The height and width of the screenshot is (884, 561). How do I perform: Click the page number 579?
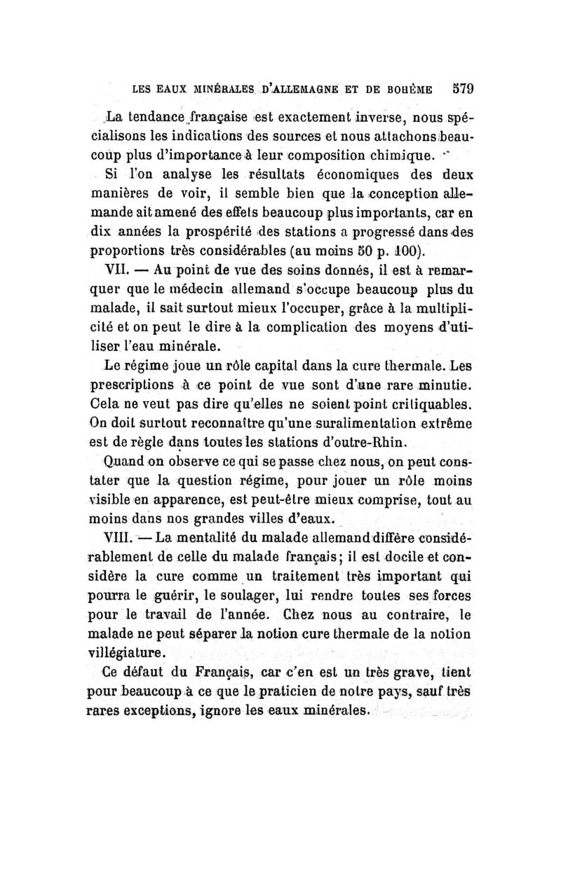pos(461,89)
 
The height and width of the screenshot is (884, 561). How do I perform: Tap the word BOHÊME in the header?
pos(415,90)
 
